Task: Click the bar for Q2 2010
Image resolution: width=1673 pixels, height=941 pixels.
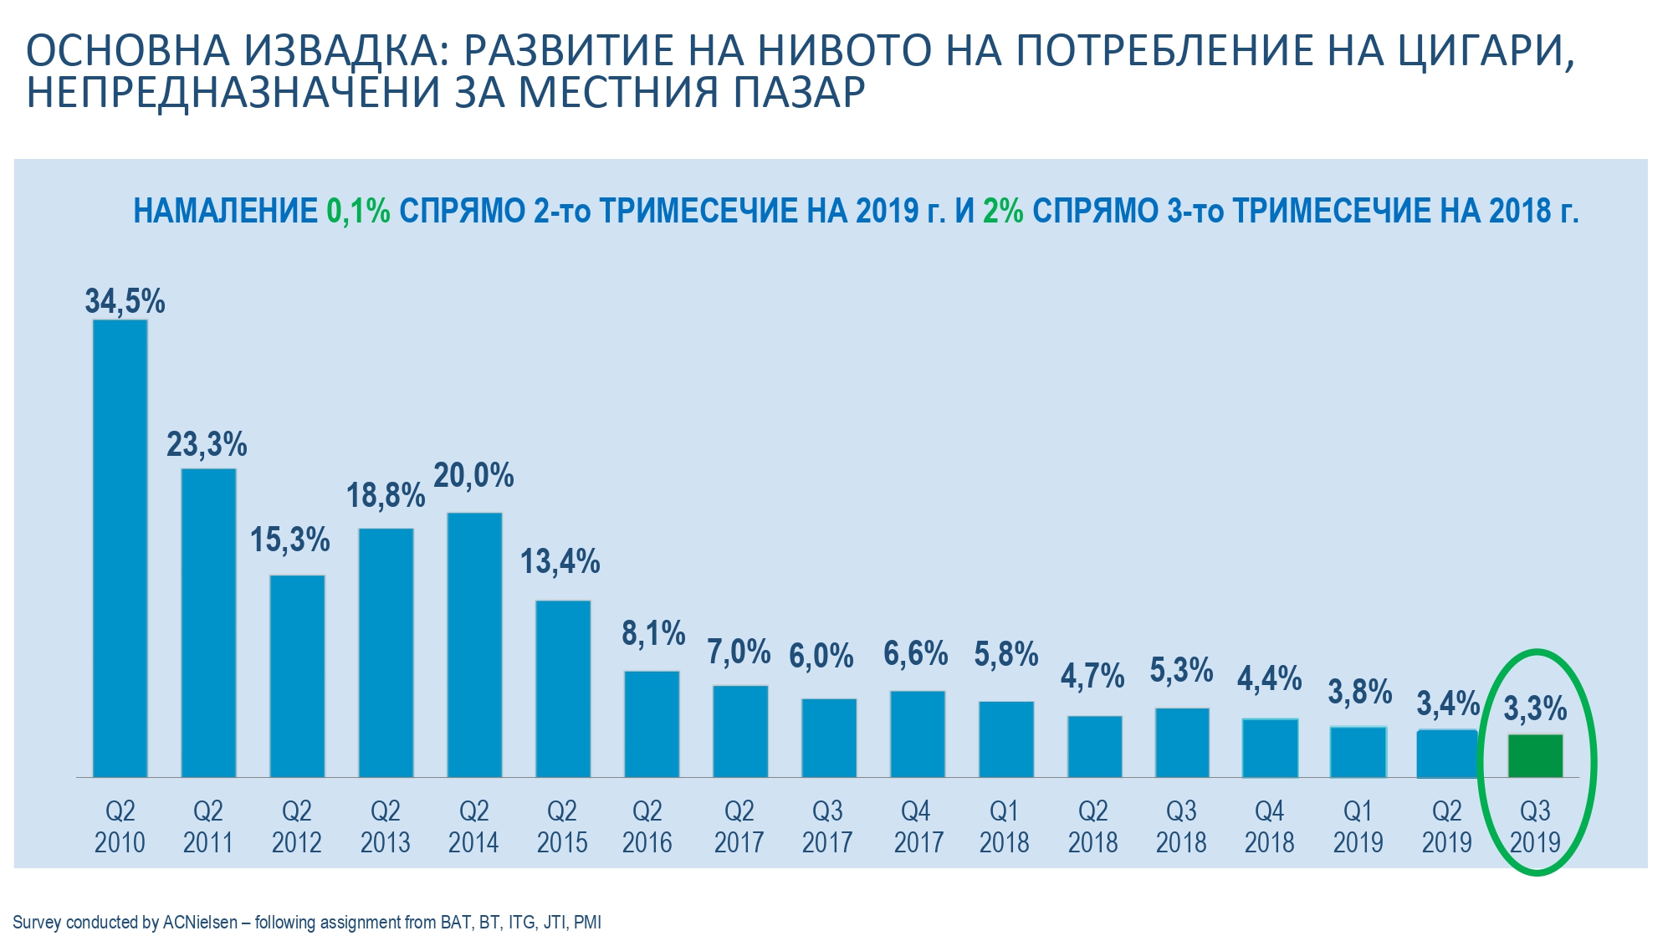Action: click(x=120, y=548)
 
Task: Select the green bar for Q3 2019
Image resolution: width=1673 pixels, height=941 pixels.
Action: click(x=1535, y=756)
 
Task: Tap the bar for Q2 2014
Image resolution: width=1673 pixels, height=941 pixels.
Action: click(x=474, y=645)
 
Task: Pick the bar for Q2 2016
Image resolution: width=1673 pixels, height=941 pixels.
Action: click(x=652, y=724)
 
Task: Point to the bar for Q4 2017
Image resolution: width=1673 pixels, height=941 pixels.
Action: click(x=918, y=734)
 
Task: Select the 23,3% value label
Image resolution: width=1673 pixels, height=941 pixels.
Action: click(x=207, y=445)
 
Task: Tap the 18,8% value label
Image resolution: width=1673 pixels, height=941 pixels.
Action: click(x=386, y=496)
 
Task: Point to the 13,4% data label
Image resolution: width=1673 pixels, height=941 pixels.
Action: click(x=560, y=562)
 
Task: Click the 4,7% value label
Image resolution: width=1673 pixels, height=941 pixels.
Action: click(x=1092, y=676)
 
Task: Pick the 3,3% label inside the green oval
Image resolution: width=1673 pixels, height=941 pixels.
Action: click(x=1535, y=709)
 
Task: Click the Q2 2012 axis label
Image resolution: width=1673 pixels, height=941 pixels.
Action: click(x=297, y=826)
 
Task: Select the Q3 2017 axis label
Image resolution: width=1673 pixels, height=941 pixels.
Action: click(x=827, y=826)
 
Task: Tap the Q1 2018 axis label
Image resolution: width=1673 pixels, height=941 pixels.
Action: click(x=1004, y=826)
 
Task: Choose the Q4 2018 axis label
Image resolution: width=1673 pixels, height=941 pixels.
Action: click(x=1269, y=826)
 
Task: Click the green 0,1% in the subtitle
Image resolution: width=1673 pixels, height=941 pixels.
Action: click(x=358, y=212)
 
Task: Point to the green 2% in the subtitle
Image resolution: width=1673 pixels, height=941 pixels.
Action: click(x=1003, y=212)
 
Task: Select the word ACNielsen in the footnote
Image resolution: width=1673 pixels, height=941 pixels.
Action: click(x=200, y=923)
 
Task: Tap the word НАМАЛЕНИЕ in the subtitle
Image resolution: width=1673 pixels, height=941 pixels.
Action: click(x=225, y=212)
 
